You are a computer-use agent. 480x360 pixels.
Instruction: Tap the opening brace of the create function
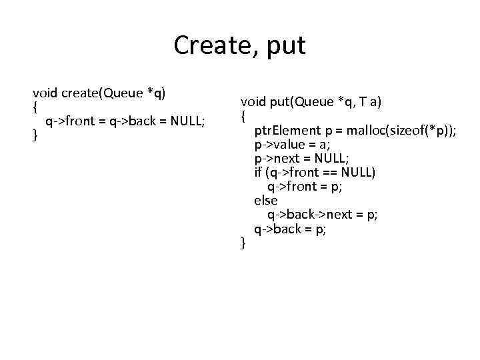point(35,107)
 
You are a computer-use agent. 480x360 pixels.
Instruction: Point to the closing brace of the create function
point(35,136)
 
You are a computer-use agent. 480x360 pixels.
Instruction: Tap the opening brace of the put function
point(243,116)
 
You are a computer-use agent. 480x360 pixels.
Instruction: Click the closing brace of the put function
point(243,244)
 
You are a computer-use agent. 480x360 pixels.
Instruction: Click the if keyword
point(259,172)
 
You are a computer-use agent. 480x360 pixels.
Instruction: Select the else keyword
point(266,200)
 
